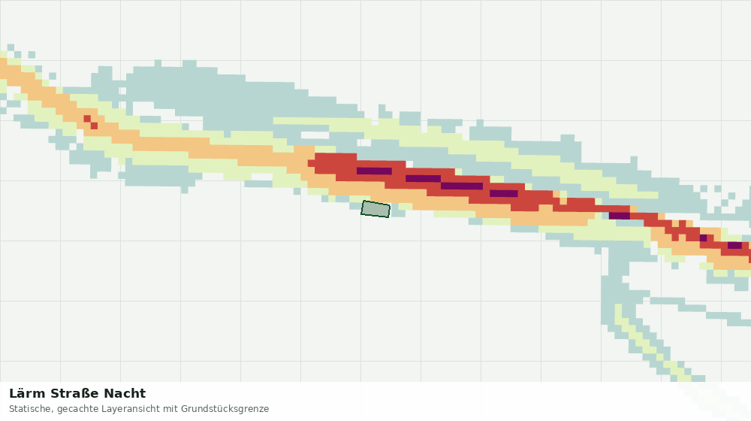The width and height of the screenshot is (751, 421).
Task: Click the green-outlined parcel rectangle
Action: point(375,209)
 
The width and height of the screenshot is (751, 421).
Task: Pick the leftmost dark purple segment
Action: point(374,171)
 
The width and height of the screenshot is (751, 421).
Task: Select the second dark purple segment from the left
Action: point(423,179)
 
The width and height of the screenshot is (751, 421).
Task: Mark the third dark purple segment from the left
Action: point(462,186)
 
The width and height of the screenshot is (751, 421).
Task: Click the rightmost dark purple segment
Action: point(734,246)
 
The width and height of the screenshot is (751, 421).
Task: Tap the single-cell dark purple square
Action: point(703,238)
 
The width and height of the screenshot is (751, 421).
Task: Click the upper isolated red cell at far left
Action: point(87,119)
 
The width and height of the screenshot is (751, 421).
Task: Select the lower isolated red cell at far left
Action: point(95,126)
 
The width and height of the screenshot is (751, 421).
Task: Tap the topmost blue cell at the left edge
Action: point(11,47)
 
